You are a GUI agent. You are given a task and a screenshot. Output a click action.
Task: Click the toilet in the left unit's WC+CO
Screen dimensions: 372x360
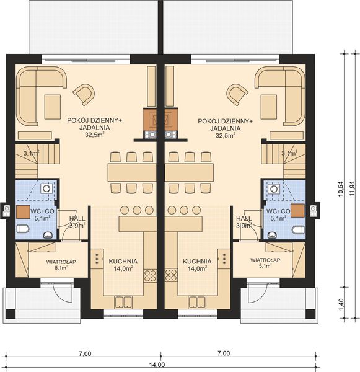coord(24,230)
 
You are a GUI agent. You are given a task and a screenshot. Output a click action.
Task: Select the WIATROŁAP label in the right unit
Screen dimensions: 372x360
coord(265,260)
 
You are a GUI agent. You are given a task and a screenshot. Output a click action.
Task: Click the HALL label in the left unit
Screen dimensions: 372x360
coord(77,219)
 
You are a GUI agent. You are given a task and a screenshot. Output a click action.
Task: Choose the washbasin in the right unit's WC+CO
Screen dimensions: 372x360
coord(273,234)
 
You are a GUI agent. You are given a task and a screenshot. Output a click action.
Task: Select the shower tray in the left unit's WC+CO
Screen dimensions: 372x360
coord(46,189)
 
